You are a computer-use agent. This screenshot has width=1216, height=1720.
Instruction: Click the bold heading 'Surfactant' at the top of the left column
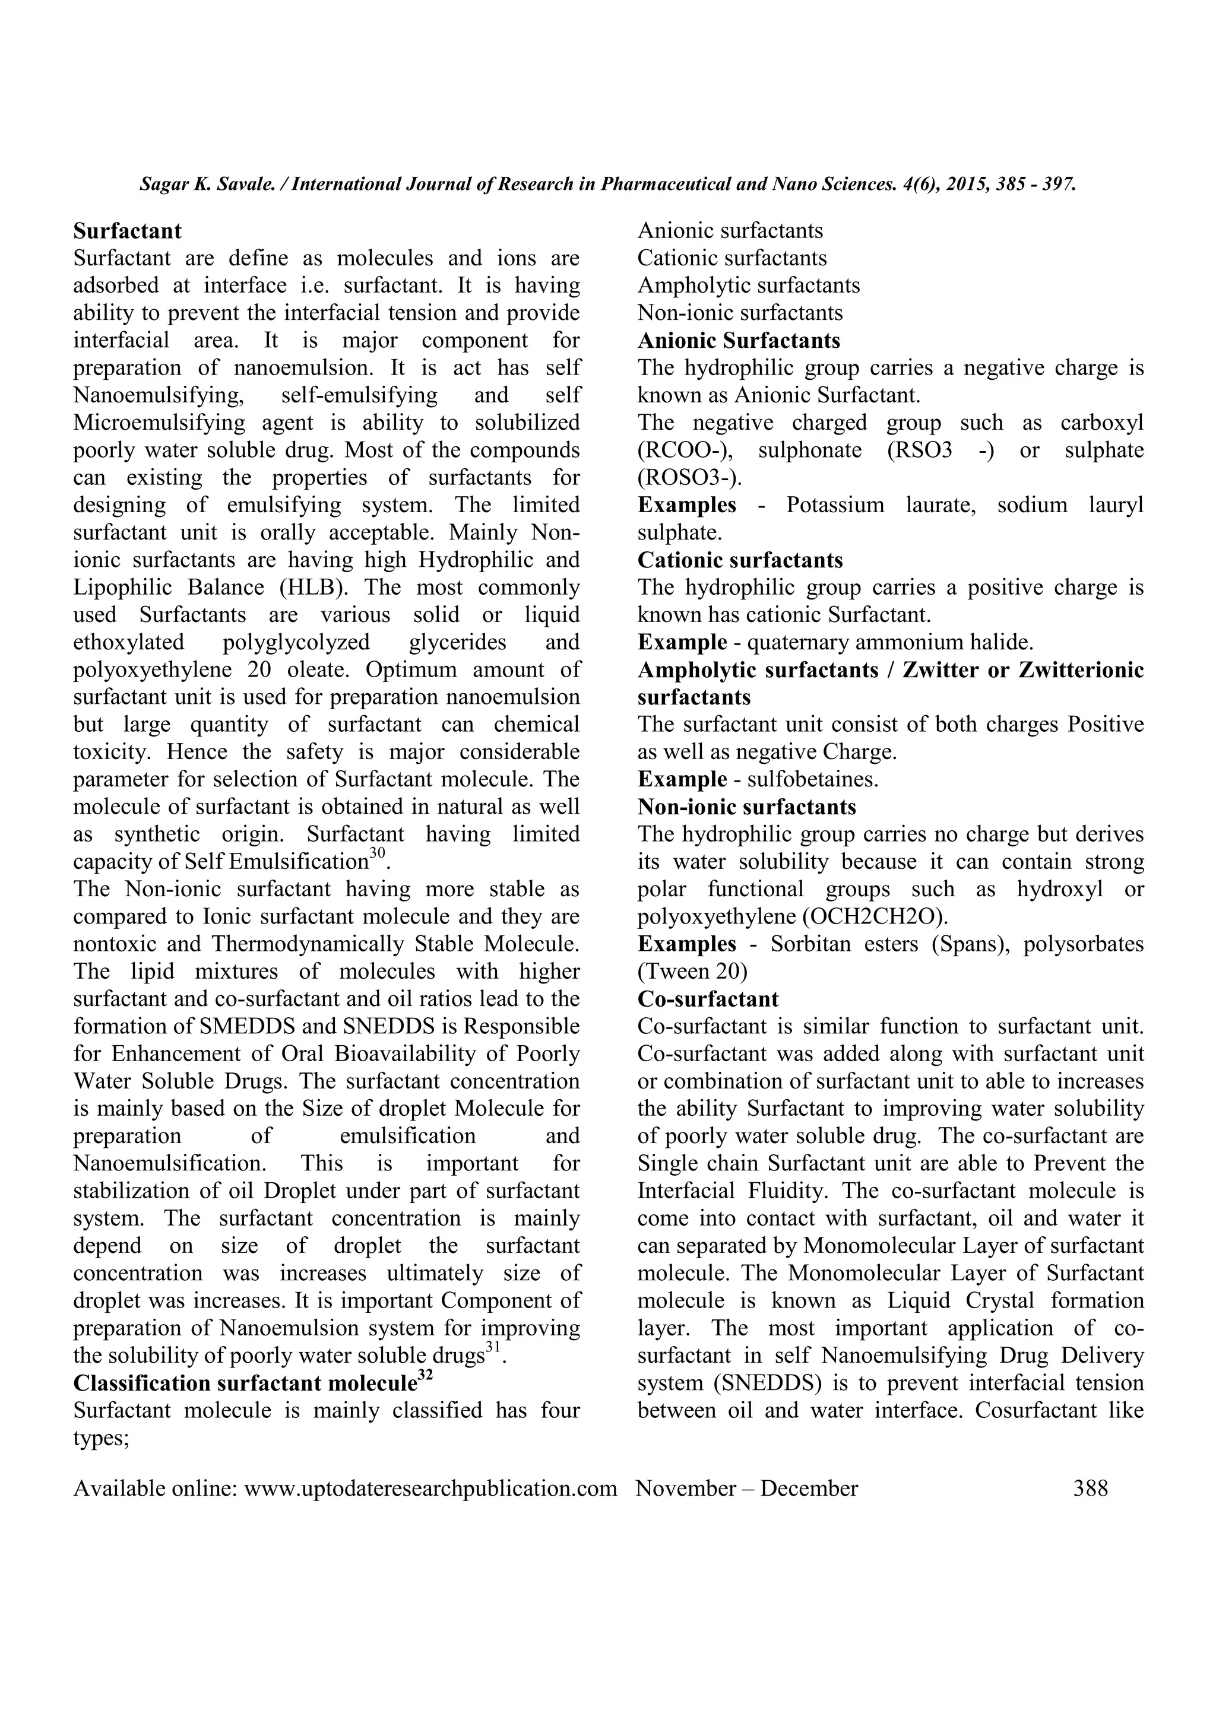point(128,231)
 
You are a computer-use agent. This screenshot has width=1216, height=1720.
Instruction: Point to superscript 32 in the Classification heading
point(426,1375)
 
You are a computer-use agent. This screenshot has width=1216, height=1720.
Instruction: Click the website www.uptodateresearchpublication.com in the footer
point(431,1488)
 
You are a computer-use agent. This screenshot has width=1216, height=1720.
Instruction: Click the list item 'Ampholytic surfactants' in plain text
point(749,285)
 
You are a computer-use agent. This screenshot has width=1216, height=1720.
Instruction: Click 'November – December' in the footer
point(746,1488)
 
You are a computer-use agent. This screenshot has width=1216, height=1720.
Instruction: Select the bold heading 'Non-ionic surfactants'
point(747,807)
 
